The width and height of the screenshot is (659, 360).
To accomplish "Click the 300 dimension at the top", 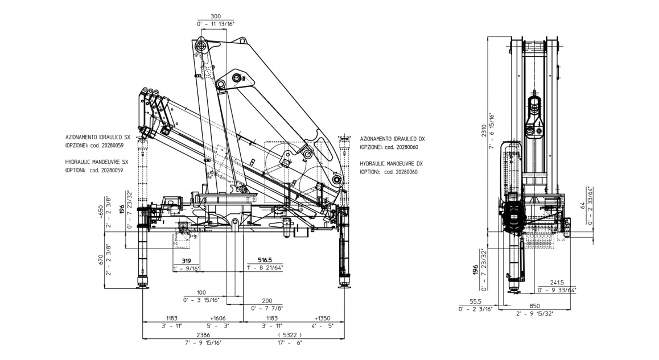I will [x=215, y=16].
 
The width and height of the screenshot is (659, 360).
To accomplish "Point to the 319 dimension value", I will [x=186, y=261].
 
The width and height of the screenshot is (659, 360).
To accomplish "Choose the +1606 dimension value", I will [x=219, y=318].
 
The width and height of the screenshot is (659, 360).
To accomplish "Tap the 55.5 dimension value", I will [x=476, y=302].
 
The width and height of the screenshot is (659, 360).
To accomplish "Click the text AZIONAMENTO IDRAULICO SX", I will [x=98, y=138].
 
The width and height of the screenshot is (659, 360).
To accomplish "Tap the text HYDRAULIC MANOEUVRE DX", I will [x=393, y=163].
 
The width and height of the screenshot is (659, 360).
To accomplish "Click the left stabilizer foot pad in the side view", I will [x=142, y=285].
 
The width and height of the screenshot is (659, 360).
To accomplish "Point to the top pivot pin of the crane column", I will [x=200, y=45].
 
